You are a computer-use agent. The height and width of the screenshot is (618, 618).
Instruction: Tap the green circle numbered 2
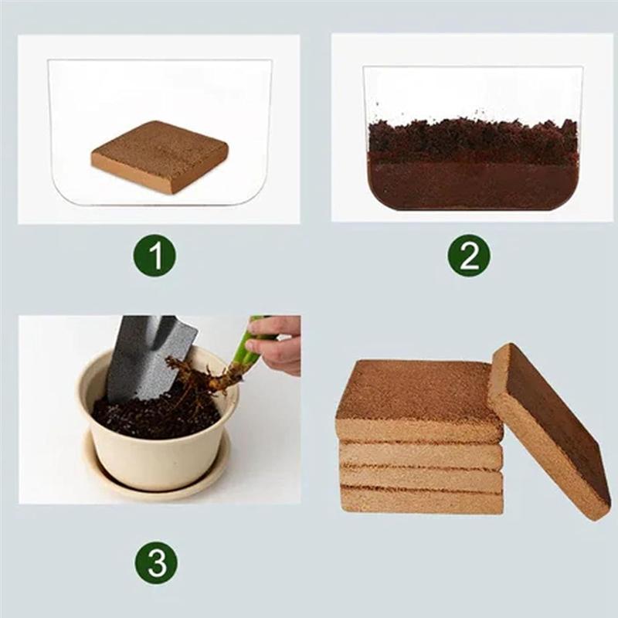[469, 256]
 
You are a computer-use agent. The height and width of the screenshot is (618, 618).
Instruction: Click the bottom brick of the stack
[421, 501]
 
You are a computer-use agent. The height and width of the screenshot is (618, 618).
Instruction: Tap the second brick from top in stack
[421, 455]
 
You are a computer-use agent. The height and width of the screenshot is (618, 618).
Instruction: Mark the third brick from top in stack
[421, 478]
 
